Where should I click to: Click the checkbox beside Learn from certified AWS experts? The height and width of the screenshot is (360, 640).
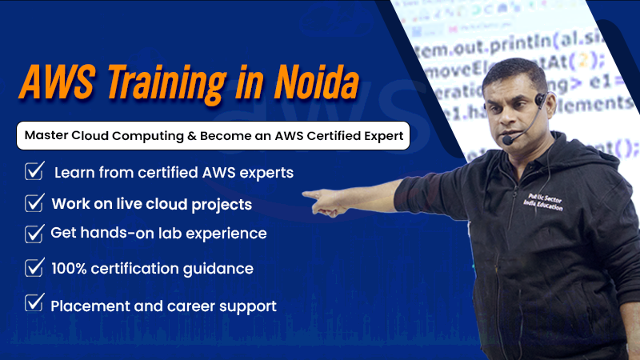[35, 170]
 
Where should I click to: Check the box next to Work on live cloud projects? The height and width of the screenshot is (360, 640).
[34, 202]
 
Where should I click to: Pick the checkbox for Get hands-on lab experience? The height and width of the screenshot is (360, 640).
[34, 234]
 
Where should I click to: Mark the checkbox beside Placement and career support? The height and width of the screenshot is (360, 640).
[34, 303]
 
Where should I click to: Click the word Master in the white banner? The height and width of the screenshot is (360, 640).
[46, 136]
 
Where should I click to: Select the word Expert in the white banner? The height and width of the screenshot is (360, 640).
[383, 136]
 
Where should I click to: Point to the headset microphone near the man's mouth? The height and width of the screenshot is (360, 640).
[506, 140]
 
